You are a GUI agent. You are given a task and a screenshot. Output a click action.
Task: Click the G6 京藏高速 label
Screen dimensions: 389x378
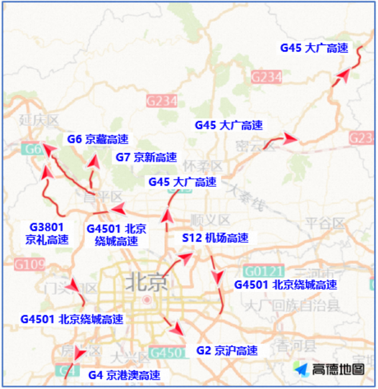coord(97,139)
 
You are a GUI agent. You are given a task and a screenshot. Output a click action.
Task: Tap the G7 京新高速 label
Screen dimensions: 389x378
coord(146,158)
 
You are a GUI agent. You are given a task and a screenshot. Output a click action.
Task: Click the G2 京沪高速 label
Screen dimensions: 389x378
coord(226,350)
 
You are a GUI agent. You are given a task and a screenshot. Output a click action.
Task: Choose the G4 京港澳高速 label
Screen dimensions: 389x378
coord(124,375)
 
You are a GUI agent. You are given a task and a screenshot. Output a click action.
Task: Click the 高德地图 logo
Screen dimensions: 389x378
coord(330,369)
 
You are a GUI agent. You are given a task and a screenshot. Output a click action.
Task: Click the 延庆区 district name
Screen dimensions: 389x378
coord(39,121)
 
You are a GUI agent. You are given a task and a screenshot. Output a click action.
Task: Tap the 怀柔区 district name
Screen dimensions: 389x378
coord(202,166)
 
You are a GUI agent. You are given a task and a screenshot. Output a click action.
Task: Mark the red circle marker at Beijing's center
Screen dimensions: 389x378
coord(147,299)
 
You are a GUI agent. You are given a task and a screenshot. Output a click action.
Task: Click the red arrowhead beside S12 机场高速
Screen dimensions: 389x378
coord(186,256)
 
